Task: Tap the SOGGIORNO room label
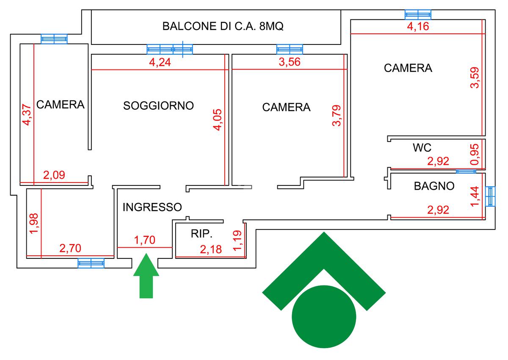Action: click(158, 105)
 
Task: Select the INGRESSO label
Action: click(152, 207)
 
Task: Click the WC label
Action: click(422, 148)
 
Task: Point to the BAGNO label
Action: click(434, 186)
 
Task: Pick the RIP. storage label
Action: click(201, 234)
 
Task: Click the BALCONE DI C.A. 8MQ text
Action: click(223, 26)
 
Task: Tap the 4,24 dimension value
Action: click(160, 63)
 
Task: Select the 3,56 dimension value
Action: click(289, 63)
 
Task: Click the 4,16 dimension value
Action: click(418, 27)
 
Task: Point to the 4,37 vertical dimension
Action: click(27, 115)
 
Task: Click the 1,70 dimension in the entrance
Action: click(145, 241)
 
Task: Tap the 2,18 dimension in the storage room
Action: click(210, 249)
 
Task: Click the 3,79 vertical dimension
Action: click(337, 116)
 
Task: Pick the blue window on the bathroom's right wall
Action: click(490, 196)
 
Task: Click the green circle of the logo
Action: click(324, 317)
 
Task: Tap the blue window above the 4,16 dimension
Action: click(418, 14)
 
